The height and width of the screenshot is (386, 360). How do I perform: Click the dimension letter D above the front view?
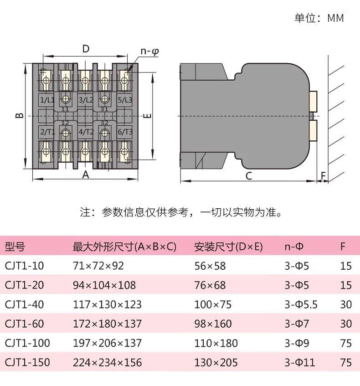tap(86, 49)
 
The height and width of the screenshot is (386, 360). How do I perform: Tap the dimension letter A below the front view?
tap(86, 175)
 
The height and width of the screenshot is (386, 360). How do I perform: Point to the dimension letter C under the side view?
tap(249, 176)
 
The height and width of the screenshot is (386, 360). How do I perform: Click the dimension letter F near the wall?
tap(323, 176)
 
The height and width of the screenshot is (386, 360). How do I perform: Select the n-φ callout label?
tap(150, 51)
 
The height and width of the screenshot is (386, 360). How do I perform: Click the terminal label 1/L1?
tap(47, 100)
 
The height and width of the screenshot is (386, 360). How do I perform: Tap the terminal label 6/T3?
tap(125, 132)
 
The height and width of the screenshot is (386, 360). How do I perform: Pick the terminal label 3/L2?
tap(86, 100)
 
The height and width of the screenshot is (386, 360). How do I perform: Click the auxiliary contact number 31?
tap(104, 109)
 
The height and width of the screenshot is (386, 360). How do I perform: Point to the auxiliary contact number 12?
tap(65, 123)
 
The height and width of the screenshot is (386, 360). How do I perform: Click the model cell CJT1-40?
tap(24, 304)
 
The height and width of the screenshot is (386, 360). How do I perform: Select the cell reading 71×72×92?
tap(98, 266)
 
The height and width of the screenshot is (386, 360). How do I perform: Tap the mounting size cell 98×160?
tap(213, 324)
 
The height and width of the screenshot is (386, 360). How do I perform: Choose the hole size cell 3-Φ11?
tap(300, 362)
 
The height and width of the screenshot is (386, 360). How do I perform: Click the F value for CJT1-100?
tap(346, 343)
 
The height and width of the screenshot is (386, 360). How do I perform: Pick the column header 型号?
tap(15, 247)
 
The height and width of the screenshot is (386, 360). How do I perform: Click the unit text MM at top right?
tap(335, 18)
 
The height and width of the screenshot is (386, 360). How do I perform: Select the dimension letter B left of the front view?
tap(20, 115)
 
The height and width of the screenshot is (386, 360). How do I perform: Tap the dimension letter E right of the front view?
tap(147, 116)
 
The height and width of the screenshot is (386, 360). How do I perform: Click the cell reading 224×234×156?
tap(108, 362)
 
